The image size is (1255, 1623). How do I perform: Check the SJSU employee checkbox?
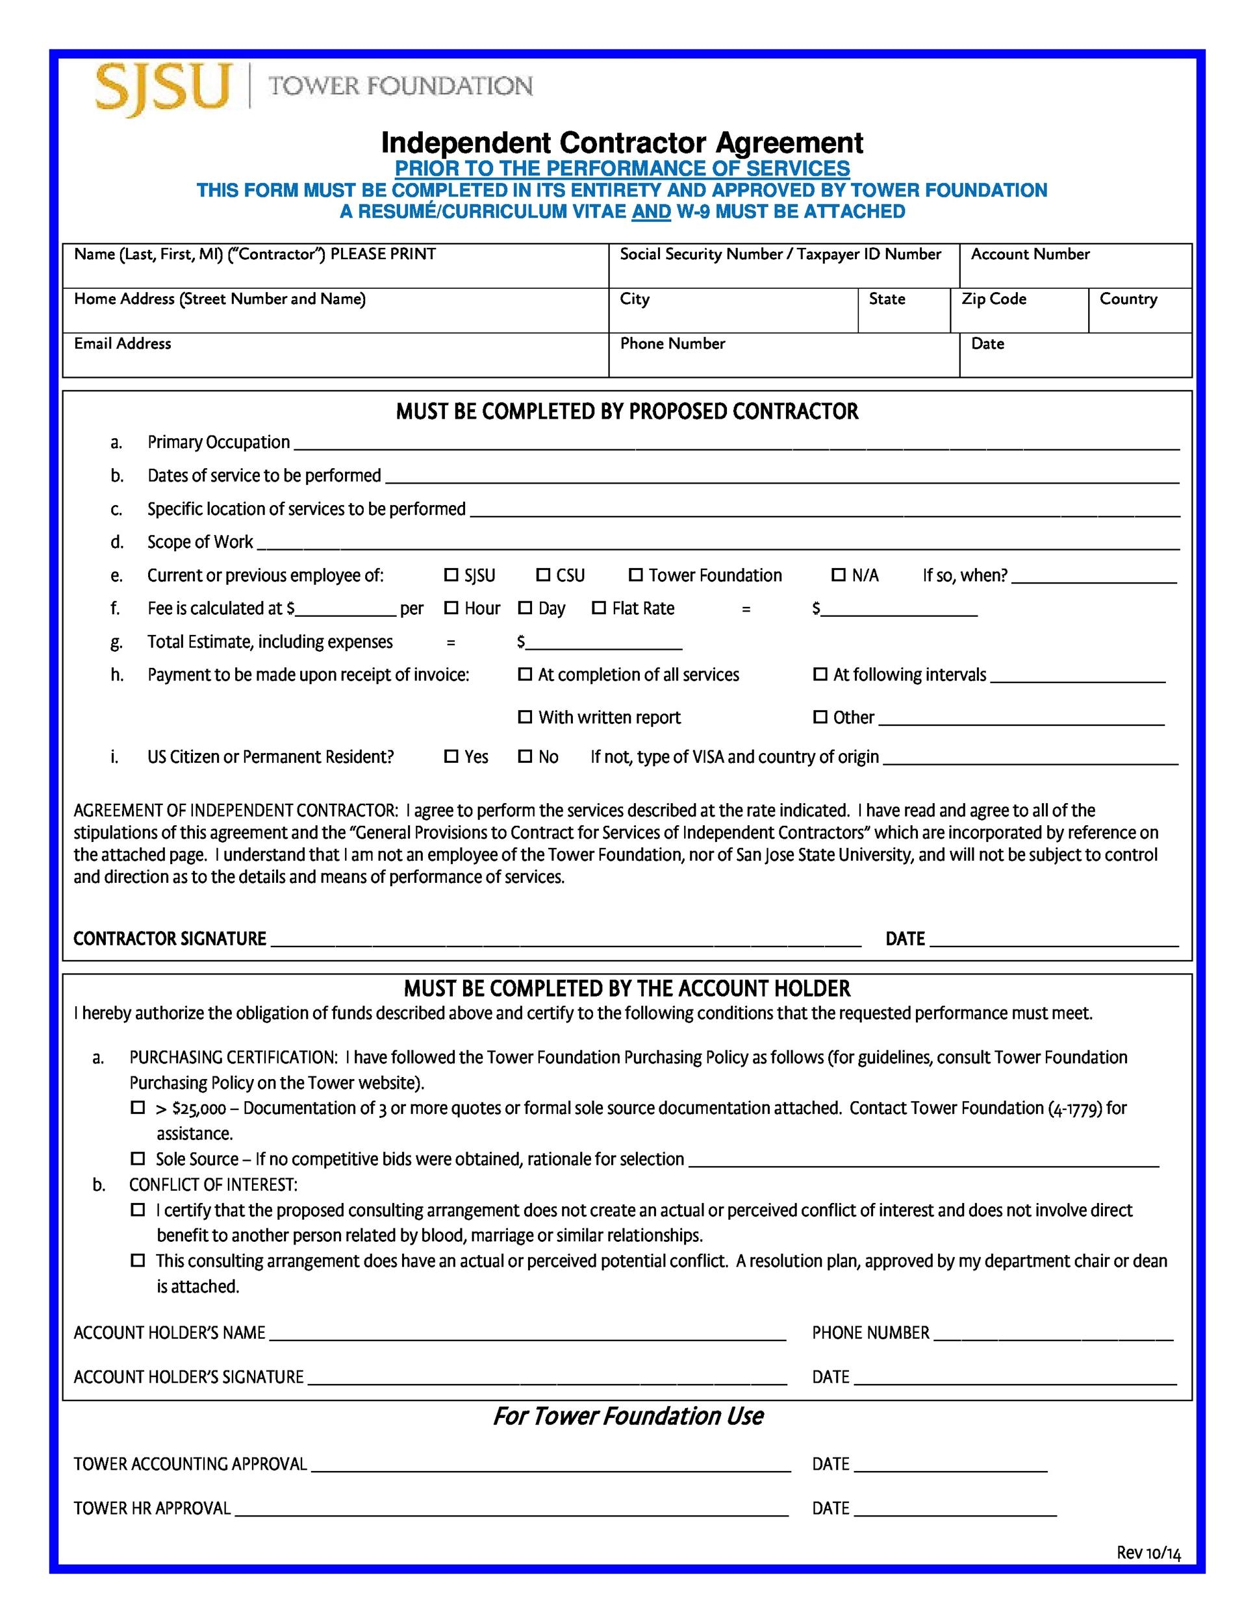pyautogui.click(x=451, y=575)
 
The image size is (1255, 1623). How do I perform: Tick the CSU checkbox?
pyautogui.click(x=543, y=575)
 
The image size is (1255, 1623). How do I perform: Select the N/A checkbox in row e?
pyautogui.click(x=838, y=575)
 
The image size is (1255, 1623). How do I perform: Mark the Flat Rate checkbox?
pyautogui.click(x=598, y=608)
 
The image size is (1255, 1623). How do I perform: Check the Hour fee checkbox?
pyautogui.click(x=451, y=608)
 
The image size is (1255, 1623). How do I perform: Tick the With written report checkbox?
pyautogui.click(x=525, y=717)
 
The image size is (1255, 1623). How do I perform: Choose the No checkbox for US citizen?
pyautogui.click(x=525, y=756)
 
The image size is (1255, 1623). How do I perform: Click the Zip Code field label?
pyautogui.click(x=993, y=299)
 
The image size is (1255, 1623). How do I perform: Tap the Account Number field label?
pyautogui.click(x=1030, y=254)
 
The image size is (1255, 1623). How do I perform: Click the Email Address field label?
pyautogui.click(x=123, y=343)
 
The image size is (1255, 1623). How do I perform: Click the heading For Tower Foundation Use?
pyautogui.click(x=627, y=1416)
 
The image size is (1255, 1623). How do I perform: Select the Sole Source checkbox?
pyautogui.click(x=138, y=1159)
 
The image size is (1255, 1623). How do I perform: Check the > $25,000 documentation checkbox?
pyautogui.click(x=138, y=1108)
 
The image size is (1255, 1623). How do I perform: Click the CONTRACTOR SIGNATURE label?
pyautogui.click(x=170, y=939)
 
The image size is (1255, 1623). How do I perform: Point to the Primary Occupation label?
pyautogui.click(x=218, y=442)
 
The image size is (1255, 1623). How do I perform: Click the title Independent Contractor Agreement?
pyautogui.click(x=622, y=142)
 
